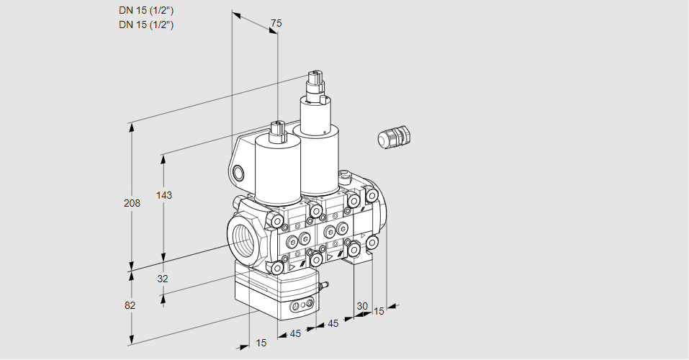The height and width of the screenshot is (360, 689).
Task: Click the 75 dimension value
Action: (x=275, y=24)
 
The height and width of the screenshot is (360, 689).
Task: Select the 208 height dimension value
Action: (x=132, y=204)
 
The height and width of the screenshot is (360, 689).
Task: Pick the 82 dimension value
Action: (x=130, y=305)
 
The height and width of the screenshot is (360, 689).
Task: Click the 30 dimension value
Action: (x=362, y=306)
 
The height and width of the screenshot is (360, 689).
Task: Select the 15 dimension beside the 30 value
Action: (x=379, y=311)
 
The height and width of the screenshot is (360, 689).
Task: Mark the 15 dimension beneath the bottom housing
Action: (x=261, y=343)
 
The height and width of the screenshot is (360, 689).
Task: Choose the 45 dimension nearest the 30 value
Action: (x=333, y=324)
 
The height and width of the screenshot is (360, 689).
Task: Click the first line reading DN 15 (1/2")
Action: (x=147, y=11)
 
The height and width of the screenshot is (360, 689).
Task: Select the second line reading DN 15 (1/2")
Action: (x=147, y=24)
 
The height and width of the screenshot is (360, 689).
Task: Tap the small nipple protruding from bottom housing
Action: (x=323, y=287)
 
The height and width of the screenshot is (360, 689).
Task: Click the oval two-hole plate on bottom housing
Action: (x=301, y=307)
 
